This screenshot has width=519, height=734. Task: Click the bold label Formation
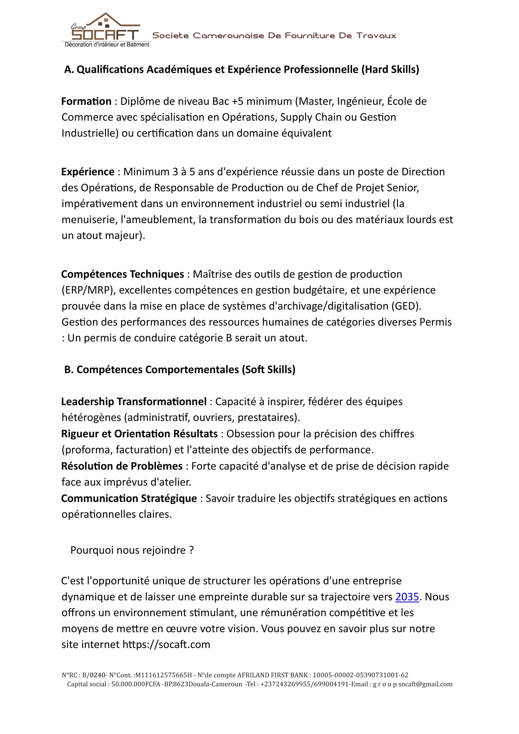coord(86,101)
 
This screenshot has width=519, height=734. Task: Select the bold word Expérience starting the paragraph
coord(88,172)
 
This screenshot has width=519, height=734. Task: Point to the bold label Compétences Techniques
coord(122,274)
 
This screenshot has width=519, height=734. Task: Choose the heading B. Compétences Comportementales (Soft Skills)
coord(179,370)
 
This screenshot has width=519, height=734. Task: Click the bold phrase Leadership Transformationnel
coord(134,402)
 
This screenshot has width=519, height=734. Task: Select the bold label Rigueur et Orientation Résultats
coord(140,434)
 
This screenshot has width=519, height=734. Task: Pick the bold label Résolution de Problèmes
coord(122,466)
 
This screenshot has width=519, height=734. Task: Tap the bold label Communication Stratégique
coord(129,498)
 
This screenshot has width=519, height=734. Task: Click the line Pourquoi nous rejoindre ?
coord(132,550)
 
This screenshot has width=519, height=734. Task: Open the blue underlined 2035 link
coord(407,597)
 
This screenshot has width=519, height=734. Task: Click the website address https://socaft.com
coord(166,645)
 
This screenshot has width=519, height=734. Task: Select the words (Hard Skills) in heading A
coord(390,69)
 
